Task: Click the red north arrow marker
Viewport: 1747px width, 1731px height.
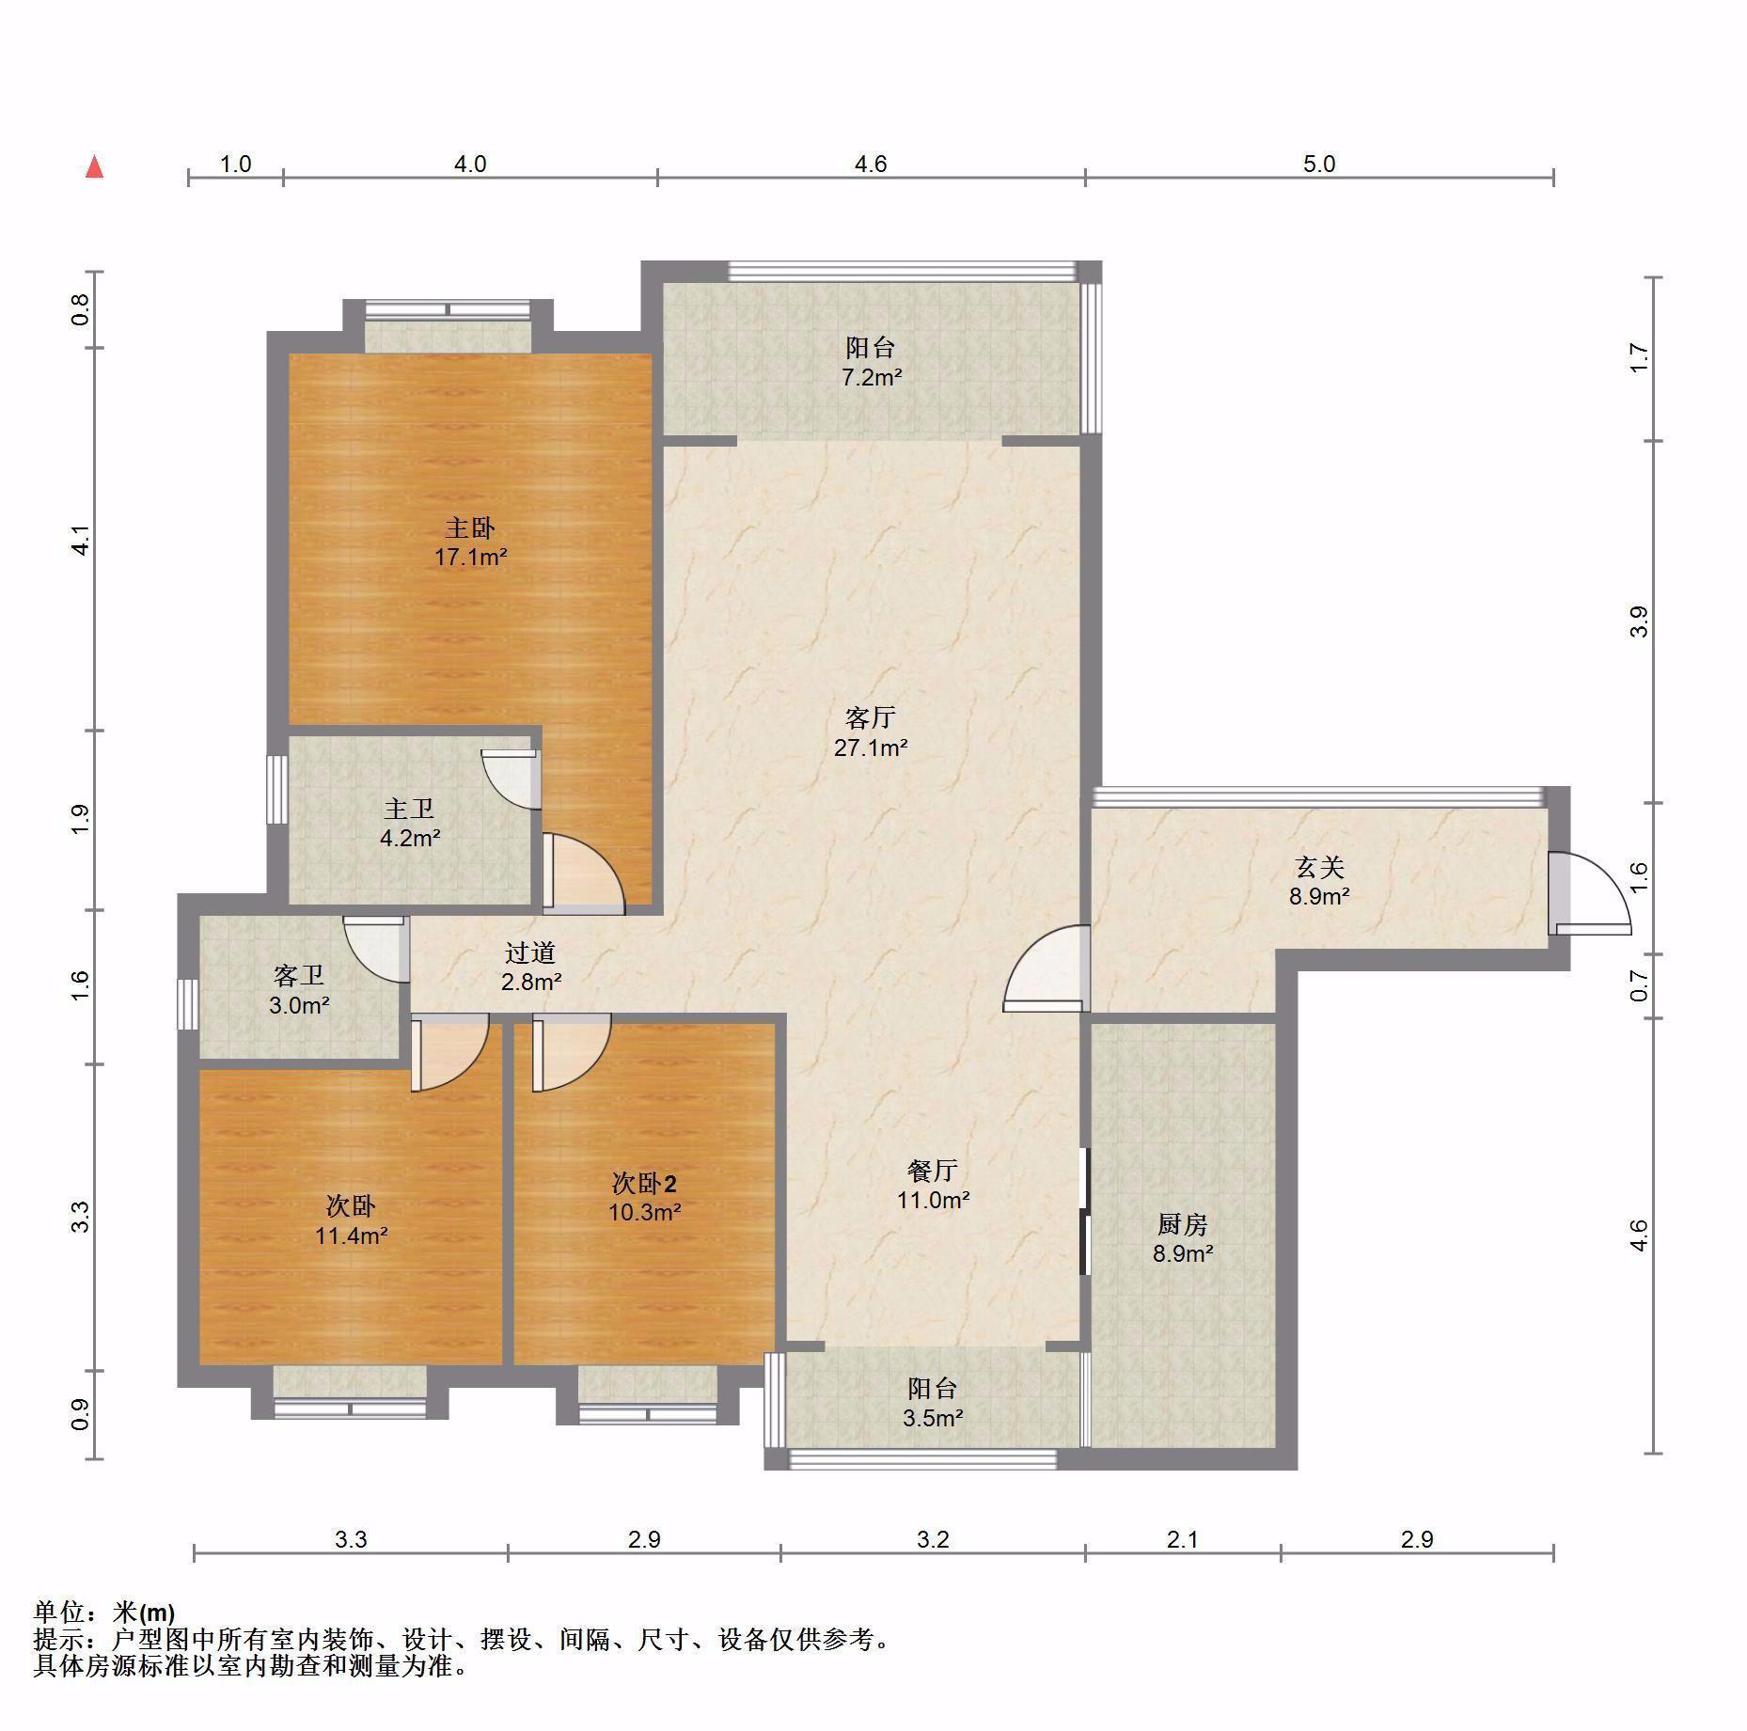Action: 94,167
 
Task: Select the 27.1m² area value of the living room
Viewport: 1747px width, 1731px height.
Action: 871,748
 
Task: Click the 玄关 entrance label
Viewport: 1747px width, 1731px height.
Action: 1319,867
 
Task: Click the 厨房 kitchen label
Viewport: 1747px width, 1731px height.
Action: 1182,1224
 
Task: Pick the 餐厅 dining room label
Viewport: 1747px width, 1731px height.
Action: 933,1171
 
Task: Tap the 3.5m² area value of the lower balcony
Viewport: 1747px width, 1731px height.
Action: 933,1419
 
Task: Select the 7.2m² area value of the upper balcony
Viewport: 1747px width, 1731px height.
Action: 872,378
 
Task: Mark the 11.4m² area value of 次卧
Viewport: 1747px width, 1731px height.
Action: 352,1235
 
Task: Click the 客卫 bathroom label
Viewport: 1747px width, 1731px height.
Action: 298,976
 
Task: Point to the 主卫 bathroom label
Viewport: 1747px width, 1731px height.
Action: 409,809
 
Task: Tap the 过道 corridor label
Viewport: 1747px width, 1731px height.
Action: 530,952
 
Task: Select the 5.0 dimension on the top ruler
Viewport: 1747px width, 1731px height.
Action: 1319,164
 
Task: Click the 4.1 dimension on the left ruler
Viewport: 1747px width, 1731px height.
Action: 81,540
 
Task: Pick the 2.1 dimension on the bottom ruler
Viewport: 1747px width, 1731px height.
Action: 1182,1539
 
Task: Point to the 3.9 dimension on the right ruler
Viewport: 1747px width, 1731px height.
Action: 1639,622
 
